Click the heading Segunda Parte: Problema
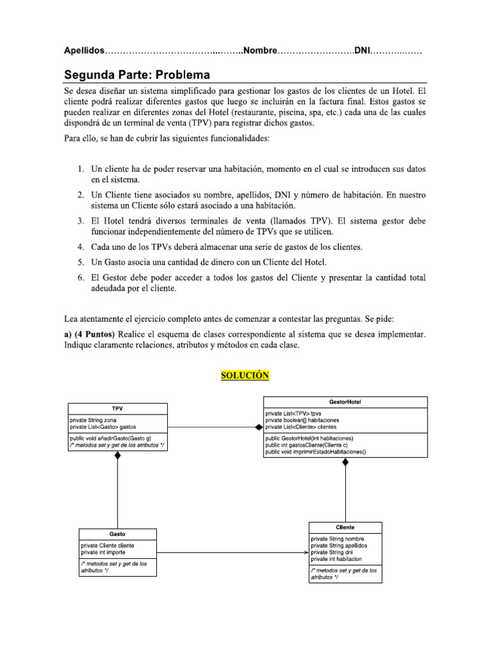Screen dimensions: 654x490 [137, 75]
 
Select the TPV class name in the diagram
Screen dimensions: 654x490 [117, 408]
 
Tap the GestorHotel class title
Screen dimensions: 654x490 [346, 402]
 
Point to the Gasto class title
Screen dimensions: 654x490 [117, 534]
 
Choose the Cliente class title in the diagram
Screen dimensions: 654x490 [345, 528]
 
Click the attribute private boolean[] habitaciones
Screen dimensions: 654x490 [303, 420]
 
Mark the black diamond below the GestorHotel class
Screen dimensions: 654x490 [346, 462]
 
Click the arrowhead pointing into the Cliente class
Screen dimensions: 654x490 [306, 552]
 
